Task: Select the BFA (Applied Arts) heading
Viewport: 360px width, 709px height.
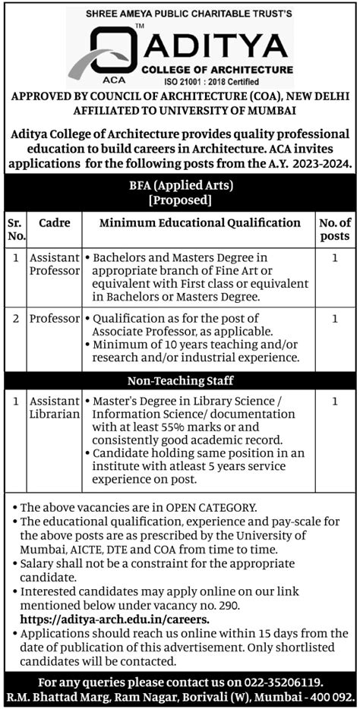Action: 180,185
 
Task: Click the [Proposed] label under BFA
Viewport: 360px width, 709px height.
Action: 180,200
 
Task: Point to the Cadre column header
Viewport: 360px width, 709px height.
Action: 54,223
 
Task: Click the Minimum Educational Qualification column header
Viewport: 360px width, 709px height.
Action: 201,223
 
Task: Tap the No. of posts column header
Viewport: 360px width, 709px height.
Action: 335,229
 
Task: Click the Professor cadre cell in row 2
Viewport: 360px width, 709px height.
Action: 54,319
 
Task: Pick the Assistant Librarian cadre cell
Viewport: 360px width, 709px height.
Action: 54,407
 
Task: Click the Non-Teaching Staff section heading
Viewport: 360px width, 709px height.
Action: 180,380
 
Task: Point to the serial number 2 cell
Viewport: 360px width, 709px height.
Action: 14,319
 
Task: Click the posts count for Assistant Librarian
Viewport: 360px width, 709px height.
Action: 335,400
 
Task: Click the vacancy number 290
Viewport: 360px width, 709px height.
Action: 229,606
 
